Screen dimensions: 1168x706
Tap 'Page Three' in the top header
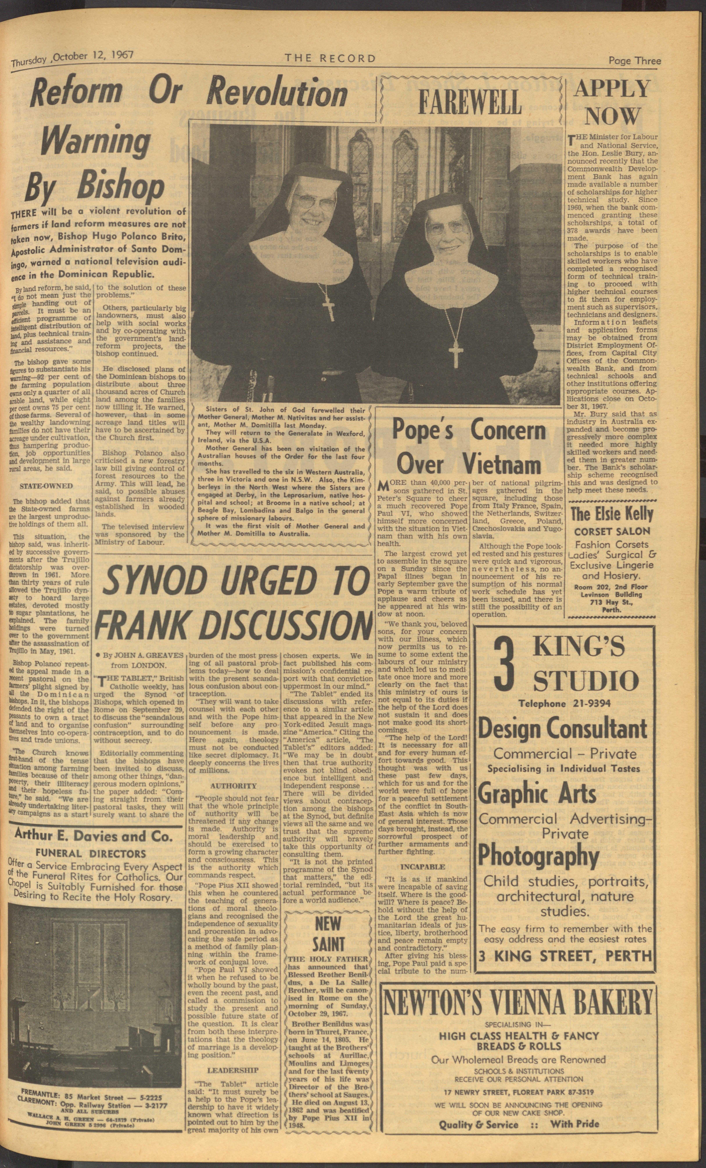(x=634, y=61)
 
